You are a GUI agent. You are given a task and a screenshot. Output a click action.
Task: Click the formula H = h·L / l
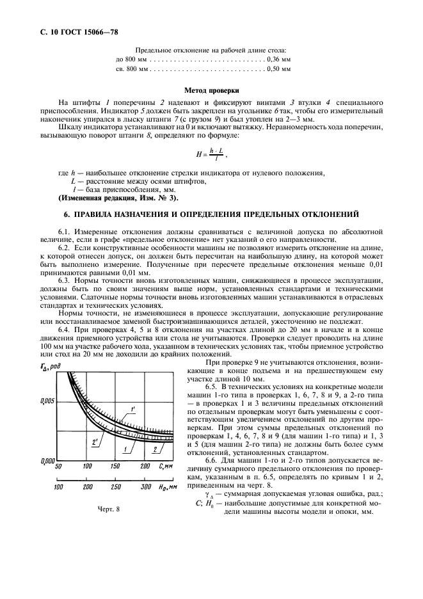[x=211, y=154]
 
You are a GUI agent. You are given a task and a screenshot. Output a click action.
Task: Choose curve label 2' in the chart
[x=94, y=440]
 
